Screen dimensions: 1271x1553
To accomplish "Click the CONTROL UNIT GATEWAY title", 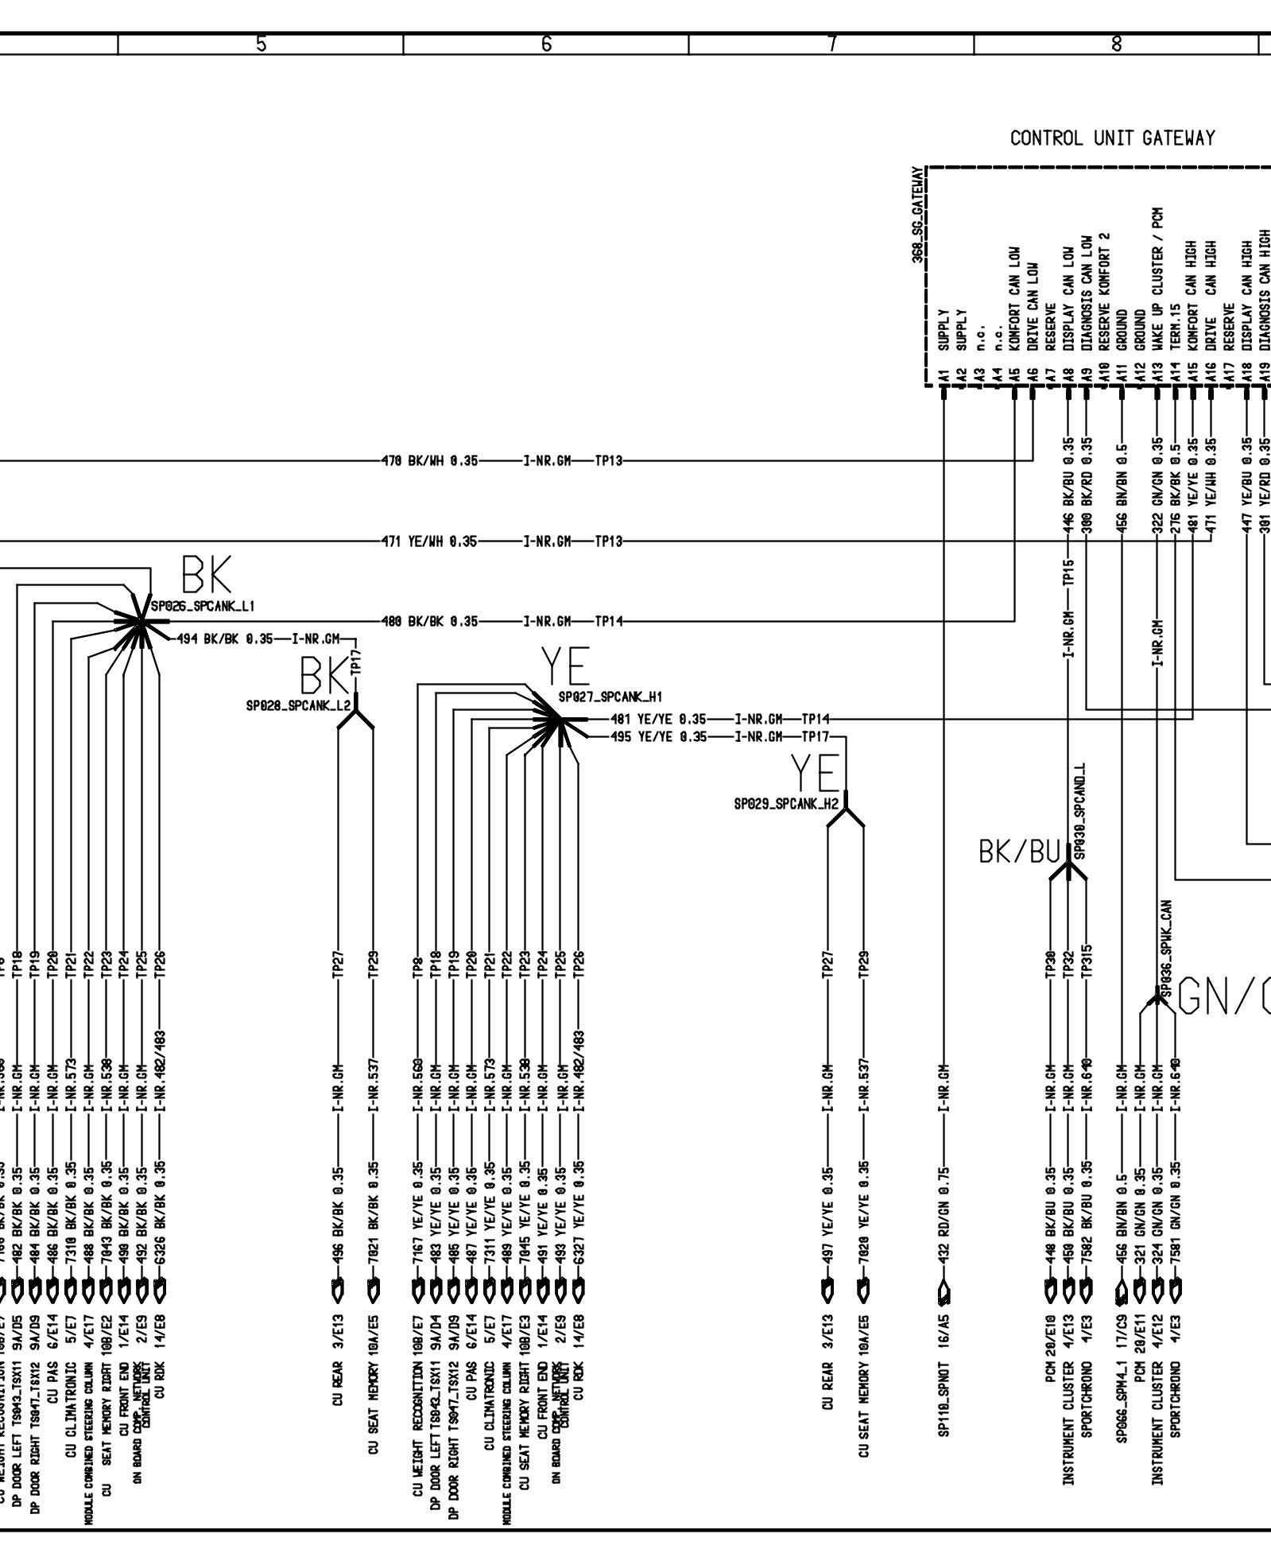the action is point(1112,138).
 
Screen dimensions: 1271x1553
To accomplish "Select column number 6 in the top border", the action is point(546,45).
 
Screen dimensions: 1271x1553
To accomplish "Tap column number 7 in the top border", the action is point(831,45).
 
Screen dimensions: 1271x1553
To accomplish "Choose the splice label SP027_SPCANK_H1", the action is point(610,697).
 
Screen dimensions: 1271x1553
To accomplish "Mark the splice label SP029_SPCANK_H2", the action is point(786,805).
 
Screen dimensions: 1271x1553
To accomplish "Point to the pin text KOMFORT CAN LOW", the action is point(1014,293).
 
